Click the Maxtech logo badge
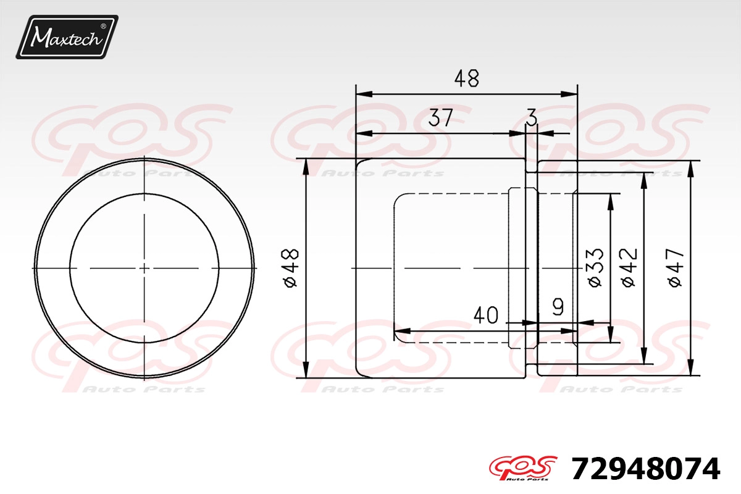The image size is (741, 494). (x=67, y=37)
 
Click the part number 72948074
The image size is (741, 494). (x=646, y=469)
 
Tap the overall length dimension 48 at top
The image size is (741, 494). (x=466, y=78)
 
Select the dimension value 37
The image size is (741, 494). (x=440, y=118)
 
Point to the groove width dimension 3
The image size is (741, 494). (x=532, y=118)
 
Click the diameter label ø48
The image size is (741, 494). (x=291, y=268)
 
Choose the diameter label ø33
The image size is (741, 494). (x=595, y=267)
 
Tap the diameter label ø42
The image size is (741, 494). (x=629, y=267)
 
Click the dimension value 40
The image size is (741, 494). (x=485, y=315)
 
